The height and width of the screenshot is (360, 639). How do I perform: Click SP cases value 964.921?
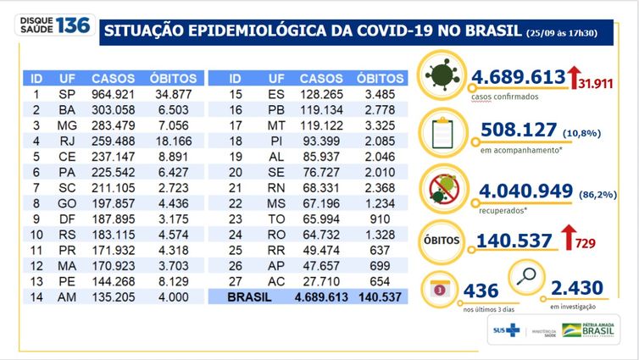pos(112,91)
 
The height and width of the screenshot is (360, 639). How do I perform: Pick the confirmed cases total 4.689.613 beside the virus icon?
pos(515,78)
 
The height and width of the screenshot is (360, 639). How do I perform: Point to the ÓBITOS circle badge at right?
pos(440,240)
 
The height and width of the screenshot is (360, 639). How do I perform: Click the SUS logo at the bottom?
pos(508,330)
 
